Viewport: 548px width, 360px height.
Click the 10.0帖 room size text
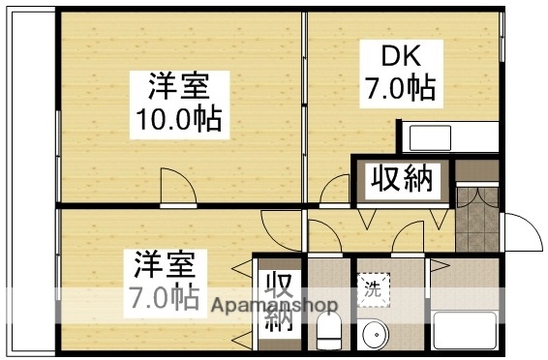tap(180, 120)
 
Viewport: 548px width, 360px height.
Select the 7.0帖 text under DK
tap(399, 90)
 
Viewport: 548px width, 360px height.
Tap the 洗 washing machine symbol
tap(373, 286)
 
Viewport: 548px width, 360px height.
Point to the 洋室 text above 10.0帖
tap(178, 86)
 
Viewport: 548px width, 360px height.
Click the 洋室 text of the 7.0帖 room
tap(164, 263)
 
